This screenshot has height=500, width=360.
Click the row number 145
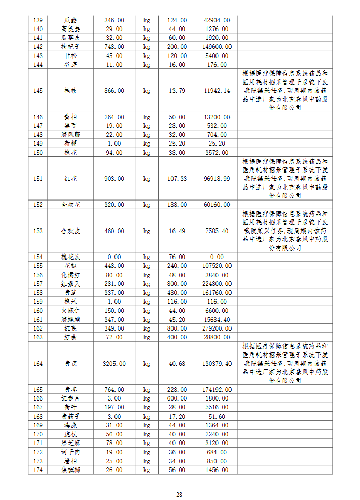click(x=38, y=91)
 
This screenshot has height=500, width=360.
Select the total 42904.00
click(x=217, y=20)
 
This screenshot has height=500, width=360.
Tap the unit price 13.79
click(x=177, y=91)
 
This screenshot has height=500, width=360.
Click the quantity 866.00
click(x=114, y=91)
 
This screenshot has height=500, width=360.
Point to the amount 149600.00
click(x=217, y=46)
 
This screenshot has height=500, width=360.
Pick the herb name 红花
click(x=71, y=179)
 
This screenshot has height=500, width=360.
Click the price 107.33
click(x=177, y=179)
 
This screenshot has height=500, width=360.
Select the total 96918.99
click(x=217, y=179)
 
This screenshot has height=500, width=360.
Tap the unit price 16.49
click(x=177, y=231)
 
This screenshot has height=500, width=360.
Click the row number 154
click(x=38, y=257)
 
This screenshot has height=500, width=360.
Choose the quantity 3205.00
click(x=114, y=364)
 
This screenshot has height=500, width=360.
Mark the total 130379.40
click(x=217, y=364)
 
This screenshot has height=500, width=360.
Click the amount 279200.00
click(x=217, y=328)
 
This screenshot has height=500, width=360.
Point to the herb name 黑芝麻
click(x=71, y=443)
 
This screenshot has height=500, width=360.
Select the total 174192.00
click(x=217, y=390)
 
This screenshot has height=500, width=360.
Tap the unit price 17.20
click(x=177, y=416)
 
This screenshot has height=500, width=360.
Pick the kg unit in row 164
click(x=147, y=364)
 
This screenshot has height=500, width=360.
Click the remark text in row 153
click(x=285, y=231)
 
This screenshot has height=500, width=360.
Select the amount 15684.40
click(x=217, y=319)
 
